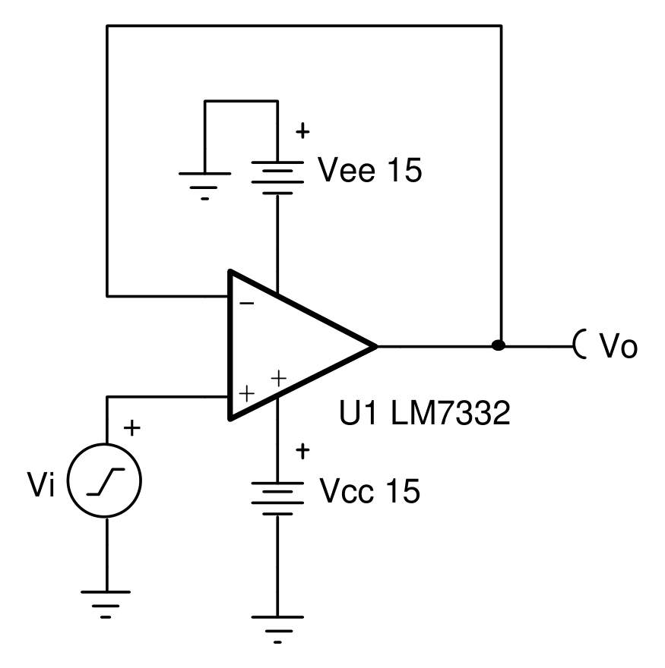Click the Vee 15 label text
[370, 170]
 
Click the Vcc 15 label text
[370, 491]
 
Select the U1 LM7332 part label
[424, 412]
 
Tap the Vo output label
[619, 345]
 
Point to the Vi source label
[41, 484]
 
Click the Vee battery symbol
[277, 178]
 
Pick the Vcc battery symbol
[277, 499]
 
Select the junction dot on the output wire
[499, 345]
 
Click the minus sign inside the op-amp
[247, 304]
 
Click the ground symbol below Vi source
[106, 605]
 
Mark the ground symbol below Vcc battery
[277, 629]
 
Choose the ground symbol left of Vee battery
[204, 187]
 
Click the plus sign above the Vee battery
[302, 131]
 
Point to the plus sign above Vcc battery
[302, 451]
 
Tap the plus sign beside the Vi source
[131, 427]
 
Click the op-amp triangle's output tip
[377, 346]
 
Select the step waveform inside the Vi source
[106, 482]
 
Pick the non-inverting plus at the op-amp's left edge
[246, 393]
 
